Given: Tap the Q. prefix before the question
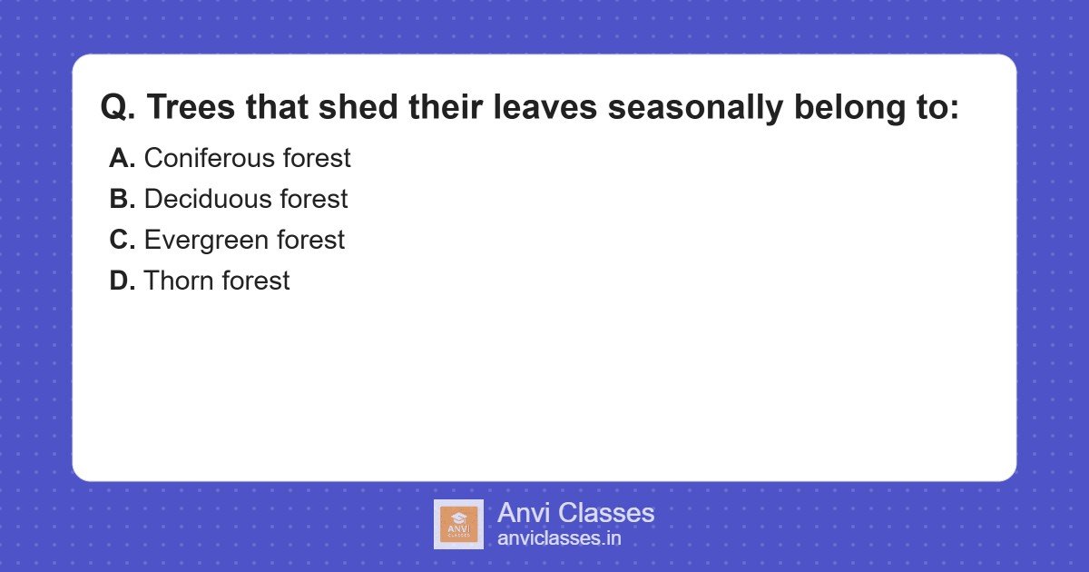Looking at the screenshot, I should [118, 107].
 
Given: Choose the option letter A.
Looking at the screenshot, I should [122, 158].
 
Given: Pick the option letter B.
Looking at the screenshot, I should [122, 199].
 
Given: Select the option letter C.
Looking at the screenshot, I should [122, 240].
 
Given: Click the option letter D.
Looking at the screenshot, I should [122, 281].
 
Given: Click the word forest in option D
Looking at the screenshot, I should [256, 281].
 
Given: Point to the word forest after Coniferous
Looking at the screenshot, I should [316, 158].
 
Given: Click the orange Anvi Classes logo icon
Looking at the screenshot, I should [458, 524].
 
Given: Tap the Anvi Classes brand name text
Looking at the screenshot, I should [575, 513].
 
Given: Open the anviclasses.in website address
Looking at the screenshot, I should [559, 538].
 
